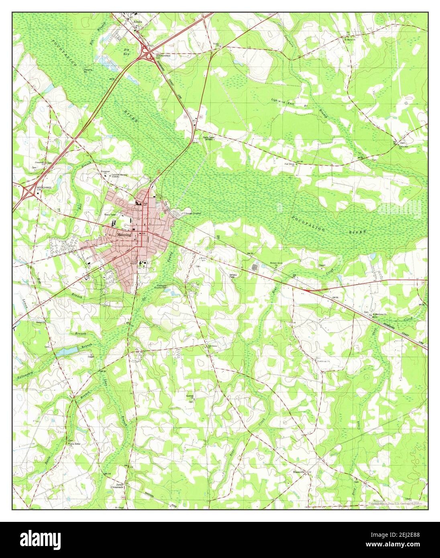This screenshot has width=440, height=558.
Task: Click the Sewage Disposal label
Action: click(192, 213)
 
